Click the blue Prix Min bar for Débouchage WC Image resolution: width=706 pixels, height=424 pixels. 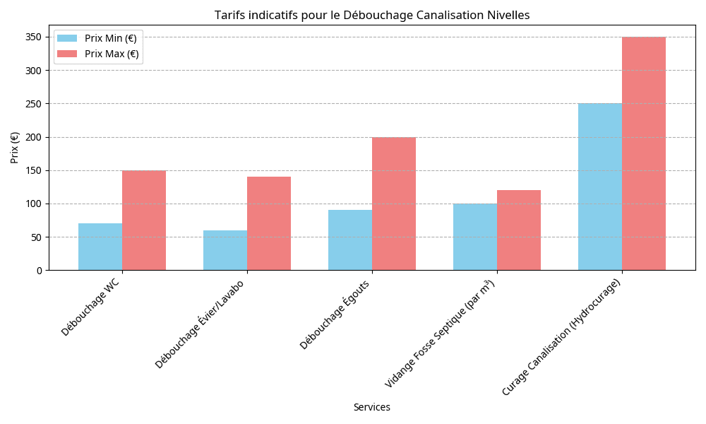click(100, 247)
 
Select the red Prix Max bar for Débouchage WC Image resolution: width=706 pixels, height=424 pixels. click(144, 220)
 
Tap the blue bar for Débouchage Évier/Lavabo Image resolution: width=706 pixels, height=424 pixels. click(225, 250)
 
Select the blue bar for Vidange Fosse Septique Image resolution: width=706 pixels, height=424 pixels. click(475, 237)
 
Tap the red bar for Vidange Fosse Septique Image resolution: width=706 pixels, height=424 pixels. click(519, 230)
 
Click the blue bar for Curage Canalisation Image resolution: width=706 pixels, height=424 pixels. click(600, 187)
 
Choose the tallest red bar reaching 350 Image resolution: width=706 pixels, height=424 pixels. click(644, 153)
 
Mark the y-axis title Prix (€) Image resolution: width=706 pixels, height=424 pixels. click(15, 147)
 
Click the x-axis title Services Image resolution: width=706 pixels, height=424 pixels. click(371, 408)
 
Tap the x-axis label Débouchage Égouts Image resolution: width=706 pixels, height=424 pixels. click(335, 314)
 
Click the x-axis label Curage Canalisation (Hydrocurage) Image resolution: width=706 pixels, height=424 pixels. click(561, 337)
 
